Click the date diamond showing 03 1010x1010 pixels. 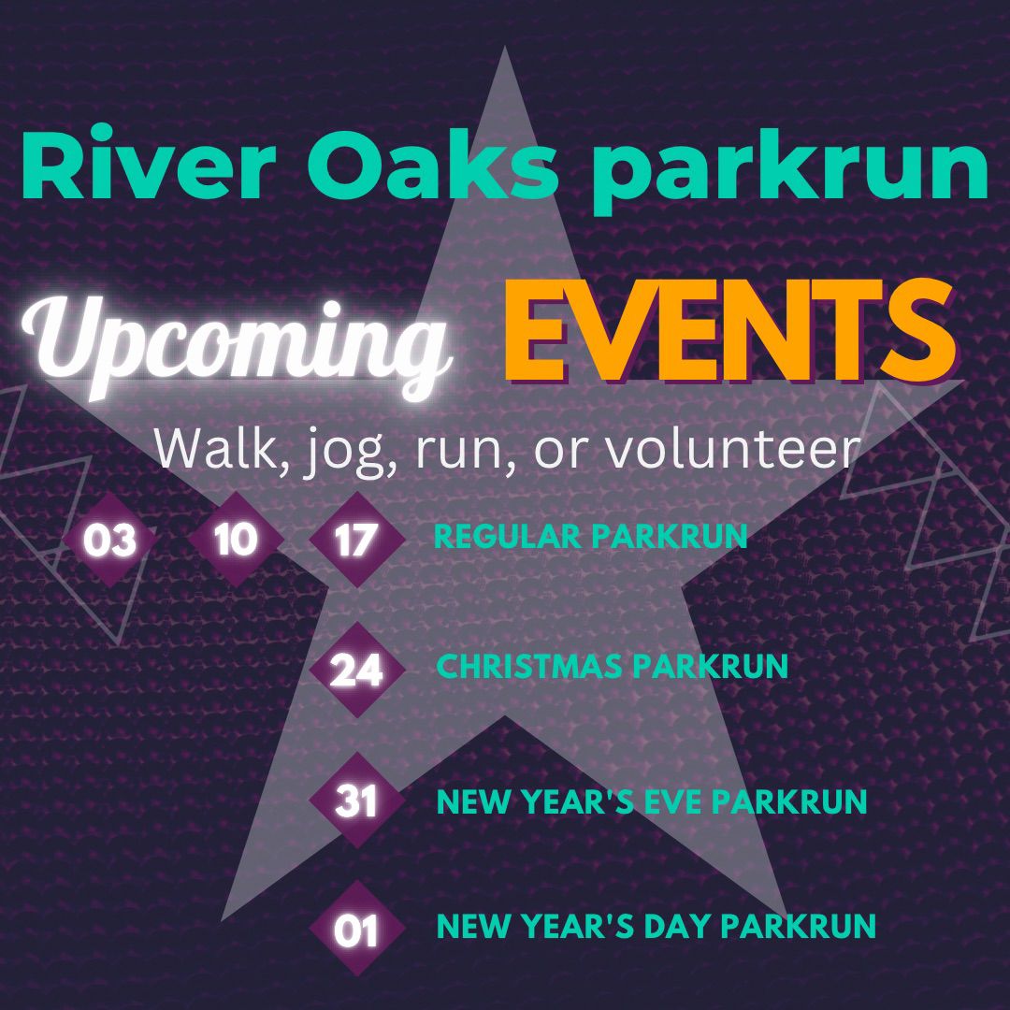109,541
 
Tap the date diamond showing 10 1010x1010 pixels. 235,540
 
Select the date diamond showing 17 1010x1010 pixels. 355,541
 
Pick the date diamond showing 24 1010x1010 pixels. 355,671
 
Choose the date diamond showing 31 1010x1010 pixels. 355,801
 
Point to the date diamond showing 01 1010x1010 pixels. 355,931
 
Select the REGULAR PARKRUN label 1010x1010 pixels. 591,537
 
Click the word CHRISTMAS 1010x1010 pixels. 529,667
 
